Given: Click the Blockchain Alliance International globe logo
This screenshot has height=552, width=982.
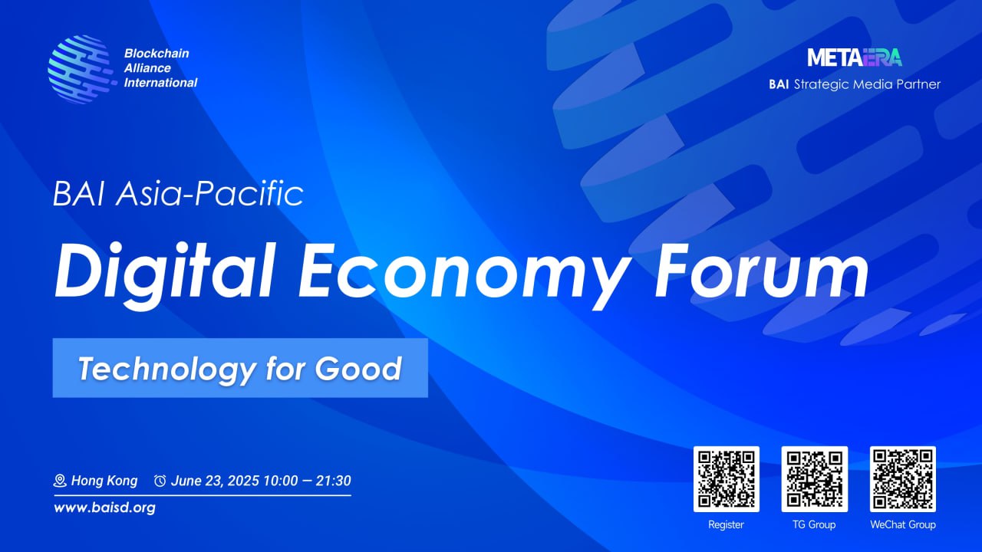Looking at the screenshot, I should (79, 68).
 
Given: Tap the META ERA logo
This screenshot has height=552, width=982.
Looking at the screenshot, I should (855, 58).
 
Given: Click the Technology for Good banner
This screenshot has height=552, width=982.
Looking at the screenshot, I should (239, 368).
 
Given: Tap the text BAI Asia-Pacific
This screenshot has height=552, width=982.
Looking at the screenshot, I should (178, 194).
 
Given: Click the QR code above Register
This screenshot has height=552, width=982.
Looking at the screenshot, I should (726, 479).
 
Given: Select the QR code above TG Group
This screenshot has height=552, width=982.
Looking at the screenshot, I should (814, 479).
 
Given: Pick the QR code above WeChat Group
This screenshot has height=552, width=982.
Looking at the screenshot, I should (902, 479).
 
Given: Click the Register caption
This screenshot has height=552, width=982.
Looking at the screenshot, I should (726, 525).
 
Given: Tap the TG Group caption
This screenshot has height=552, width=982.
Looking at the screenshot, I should (814, 525).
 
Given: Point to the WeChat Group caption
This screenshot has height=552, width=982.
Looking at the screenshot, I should (902, 525).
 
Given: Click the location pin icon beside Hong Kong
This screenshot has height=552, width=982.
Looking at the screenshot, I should (60, 481).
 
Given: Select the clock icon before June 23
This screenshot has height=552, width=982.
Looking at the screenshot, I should (160, 481).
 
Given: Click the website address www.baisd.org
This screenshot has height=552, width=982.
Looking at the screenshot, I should (104, 508).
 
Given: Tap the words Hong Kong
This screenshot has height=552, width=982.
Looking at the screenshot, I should (104, 481).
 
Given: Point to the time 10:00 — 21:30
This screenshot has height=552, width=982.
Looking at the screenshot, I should (307, 481).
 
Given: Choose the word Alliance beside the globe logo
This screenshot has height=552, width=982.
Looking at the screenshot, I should (147, 68).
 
